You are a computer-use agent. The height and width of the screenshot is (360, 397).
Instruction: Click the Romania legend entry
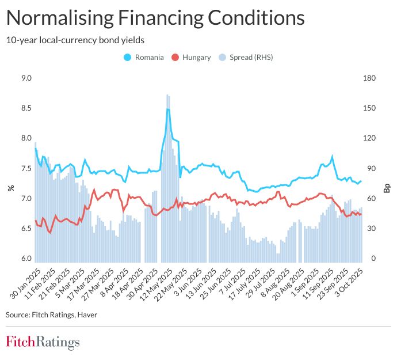pos(144,57)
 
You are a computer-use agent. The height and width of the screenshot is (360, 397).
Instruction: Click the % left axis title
pos(10,188)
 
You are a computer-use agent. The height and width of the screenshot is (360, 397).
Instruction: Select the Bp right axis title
pos(387,188)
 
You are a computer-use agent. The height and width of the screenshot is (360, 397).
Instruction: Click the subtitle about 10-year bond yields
pos(74,40)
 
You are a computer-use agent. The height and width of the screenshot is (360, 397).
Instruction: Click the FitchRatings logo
pos(43,342)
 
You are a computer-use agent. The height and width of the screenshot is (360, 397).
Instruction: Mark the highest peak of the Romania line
pos(167,109)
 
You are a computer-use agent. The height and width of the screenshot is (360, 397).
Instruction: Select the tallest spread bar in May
pos(167,95)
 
